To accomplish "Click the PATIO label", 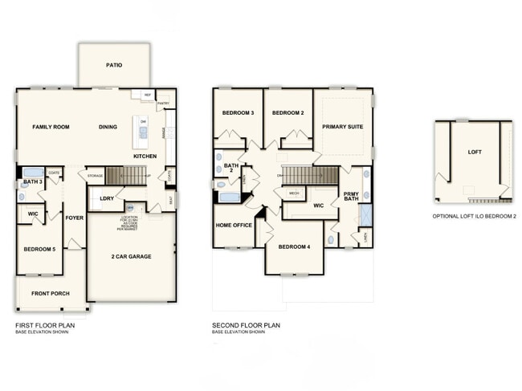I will click(114, 65).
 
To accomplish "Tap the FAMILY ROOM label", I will click(51, 127).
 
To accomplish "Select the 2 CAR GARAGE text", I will click(131, 256).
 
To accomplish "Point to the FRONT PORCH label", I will click(50, 293).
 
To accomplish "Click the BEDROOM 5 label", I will click(39, 249).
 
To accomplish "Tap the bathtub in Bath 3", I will click(33, 172).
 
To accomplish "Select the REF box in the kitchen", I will click(147, 95).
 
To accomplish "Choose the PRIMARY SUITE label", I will click(342, 127).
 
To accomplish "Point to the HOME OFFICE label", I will click(233, 225).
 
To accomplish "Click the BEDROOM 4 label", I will click(295, 246).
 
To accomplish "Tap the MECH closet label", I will click(294, 193).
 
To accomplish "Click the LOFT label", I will click(475, 151).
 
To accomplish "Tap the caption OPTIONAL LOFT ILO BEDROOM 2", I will click(474, 216).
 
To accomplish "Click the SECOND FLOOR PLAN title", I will click(246, 325).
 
